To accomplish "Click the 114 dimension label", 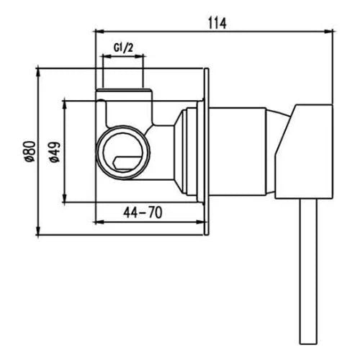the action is point(217,23).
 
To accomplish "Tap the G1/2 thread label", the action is point(123,48).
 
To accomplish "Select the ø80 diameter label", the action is point(31,151).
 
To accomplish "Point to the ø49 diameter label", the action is point(55,152).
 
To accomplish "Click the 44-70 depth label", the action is point(143,212).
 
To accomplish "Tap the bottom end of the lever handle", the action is point(308,343).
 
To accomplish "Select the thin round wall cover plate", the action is point(207,151).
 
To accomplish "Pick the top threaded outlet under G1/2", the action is point(124,89).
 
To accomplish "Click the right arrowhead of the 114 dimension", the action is point(329,31).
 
